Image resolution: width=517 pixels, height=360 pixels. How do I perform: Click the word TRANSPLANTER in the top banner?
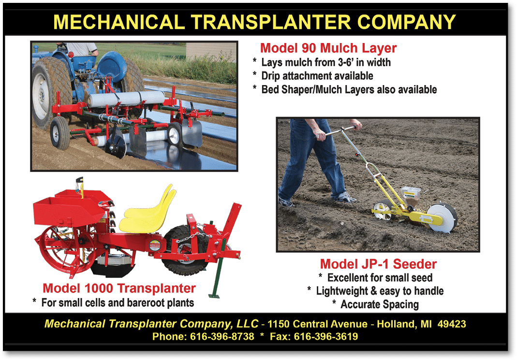tap(272, 22)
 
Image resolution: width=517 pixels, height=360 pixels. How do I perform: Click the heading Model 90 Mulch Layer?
tap(328, 48)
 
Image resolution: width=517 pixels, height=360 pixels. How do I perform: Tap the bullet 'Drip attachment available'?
tap(317, 76)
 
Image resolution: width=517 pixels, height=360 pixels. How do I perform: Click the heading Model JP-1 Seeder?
tap(378, 264)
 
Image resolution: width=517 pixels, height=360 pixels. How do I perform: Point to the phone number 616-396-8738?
tap(222, 336)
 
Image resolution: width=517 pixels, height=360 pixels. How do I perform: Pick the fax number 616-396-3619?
tap(326, 336)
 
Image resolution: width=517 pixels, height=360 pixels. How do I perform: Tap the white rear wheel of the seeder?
tap(442, 218)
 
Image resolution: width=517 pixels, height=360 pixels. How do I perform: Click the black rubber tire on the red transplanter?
tap(187, 250)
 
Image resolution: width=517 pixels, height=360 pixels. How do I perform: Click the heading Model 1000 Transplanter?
tap(119, 288)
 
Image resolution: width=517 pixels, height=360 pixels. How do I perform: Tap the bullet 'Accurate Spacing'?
tap(380, 304)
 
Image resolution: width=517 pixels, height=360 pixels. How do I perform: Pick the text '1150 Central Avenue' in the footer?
tap(317, 324)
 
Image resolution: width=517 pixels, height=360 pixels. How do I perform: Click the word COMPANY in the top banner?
tap(406, 22)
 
